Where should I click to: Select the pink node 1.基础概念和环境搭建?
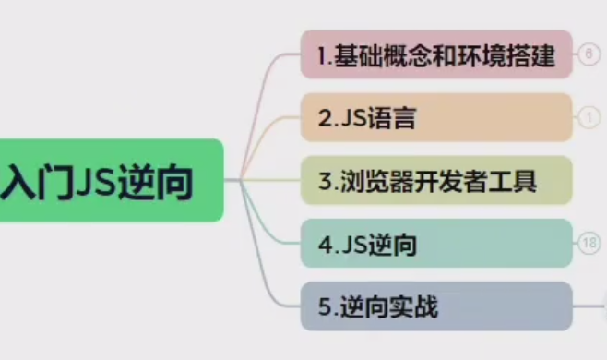436,54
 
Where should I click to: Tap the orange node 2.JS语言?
436,117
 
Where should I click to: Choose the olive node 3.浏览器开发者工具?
436,180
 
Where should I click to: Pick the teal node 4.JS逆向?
436,244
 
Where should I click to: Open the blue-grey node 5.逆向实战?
436,306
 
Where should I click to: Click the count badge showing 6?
589,54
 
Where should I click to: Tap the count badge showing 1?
589,117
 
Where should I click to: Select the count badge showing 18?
589,244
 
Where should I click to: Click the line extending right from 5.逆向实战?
590,306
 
